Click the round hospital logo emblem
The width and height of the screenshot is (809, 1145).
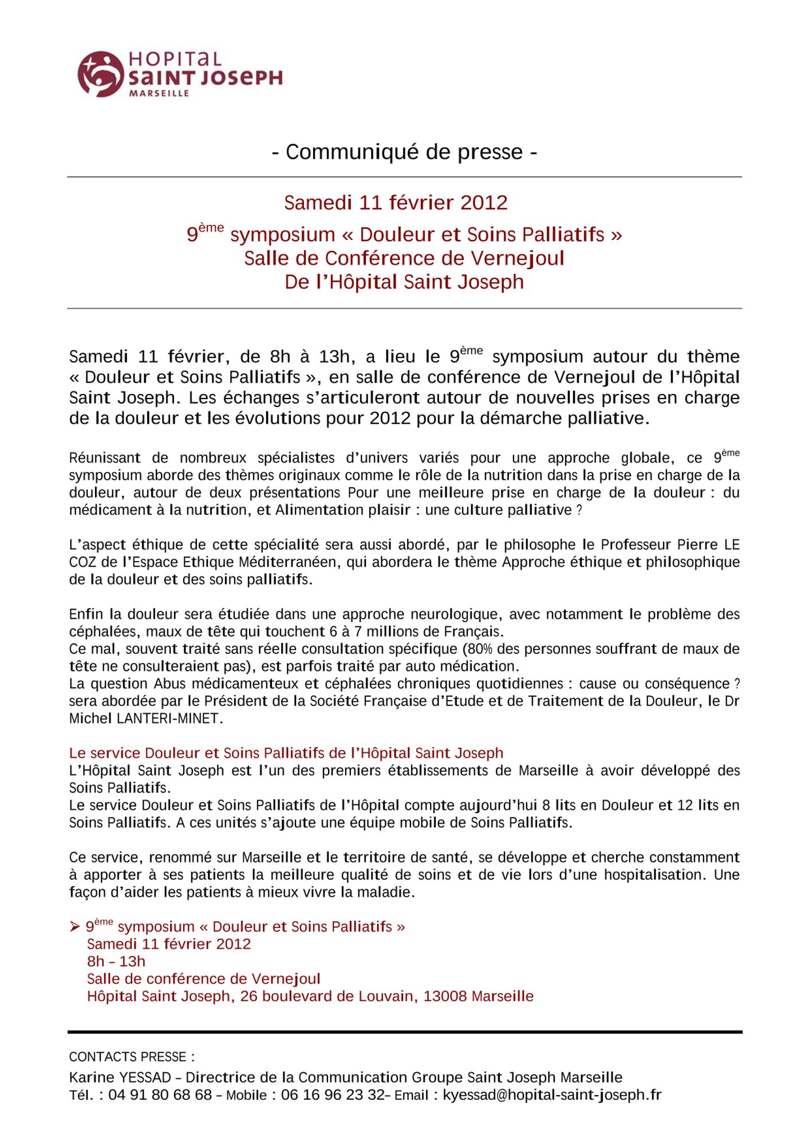[x=100, y=73]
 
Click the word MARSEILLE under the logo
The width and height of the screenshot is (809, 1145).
[x=159, y=93]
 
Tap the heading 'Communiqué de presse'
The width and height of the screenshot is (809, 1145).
[x=404, y=152]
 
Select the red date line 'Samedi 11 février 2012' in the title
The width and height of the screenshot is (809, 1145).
[x=396, y=203]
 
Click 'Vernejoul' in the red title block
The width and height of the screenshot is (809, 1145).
[x=517, y=258]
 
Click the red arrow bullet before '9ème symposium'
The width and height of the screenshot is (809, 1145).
[x=75, y=927]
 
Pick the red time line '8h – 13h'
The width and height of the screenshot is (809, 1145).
[x=116, y=961]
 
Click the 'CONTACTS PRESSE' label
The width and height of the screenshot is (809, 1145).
[x=132, y=1057]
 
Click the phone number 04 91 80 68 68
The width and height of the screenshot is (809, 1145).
[x=160, y=1095]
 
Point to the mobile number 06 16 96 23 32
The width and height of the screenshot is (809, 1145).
[x=333, y=1095]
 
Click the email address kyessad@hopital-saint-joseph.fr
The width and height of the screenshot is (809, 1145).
[x=552, y=1095]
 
